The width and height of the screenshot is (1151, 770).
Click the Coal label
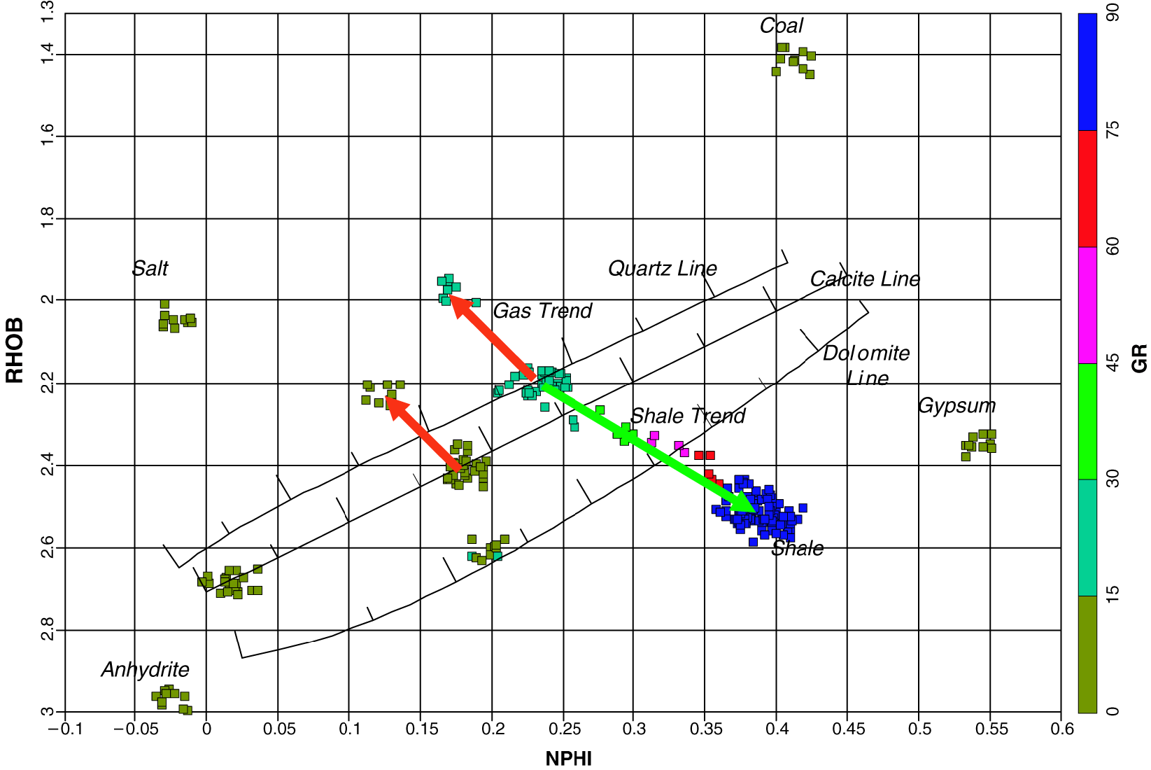[x=781, y=26]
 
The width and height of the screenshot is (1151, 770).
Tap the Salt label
[x=150, y=269]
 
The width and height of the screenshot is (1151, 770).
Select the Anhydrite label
[x=145, y=670]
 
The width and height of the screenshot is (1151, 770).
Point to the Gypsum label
[x=956, y=406]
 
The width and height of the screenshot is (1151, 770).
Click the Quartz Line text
[x=662, y=269]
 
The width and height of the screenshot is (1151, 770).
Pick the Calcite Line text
[x=864, y=279]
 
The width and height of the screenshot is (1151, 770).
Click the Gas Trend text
[x=542, y=311]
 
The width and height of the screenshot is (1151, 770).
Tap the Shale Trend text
[x=687, y=416]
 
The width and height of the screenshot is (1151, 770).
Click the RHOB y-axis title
[x=15, y=350]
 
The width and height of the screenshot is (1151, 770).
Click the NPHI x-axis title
[x=568, y=759]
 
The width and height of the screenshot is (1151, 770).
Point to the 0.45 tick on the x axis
[x=847, y=729]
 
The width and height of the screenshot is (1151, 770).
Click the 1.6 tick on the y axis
[x=47, y=136]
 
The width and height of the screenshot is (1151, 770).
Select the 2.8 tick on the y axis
[x=47, y=630]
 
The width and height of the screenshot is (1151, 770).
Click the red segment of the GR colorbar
[x=1087, y=188]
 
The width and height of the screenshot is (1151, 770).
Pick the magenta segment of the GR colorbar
[x=1087, y=305]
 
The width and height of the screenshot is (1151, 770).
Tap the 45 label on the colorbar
[x=1112, y=363]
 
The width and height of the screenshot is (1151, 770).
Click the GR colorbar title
[x=1139, y=358]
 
